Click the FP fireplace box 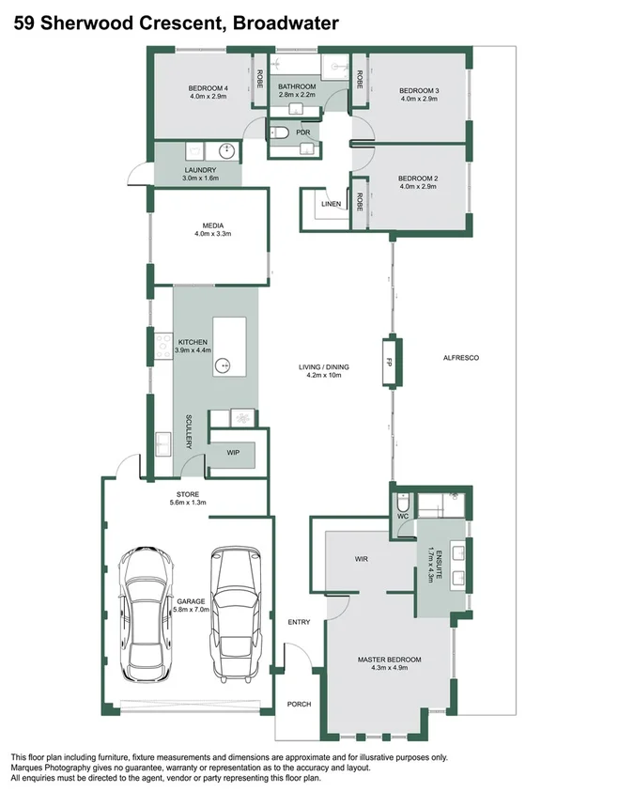coord(388,360)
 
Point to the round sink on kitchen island coord(224,365)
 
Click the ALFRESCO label coord(461,359)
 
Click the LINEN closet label coord(330,203)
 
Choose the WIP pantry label coord(233,453)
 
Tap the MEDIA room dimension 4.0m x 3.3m coord(212,234)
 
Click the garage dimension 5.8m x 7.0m coord(192,610)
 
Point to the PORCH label coord(299,704)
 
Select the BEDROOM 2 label coord(418,179)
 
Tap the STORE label coord(188,493)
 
